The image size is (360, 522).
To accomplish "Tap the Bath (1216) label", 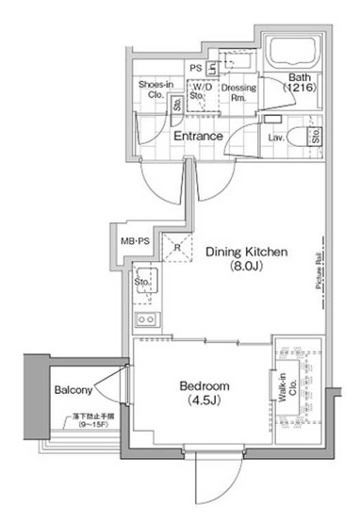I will (x=299, y=82).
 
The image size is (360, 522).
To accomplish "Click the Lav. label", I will (x=277, y=139).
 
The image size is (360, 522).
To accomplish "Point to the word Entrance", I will (x=198, y=137).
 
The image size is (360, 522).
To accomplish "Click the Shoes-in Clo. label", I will (x=155, y=89).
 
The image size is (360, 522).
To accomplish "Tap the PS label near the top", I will (x=195, y=68).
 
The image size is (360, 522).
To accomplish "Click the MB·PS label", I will (x=135, y=242).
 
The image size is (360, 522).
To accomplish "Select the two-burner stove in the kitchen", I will (x=148, y=320).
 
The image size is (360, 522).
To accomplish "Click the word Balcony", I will (x=73, y=390).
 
